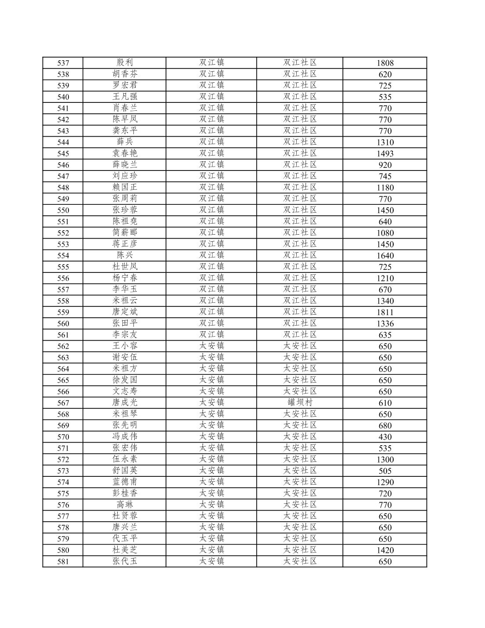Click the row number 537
click(63, 63)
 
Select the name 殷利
click(125, 62)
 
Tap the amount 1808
click(385, 63)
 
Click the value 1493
click(385, 153)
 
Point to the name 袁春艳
click(125, 153)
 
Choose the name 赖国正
click(125, 187)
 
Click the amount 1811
click(385, 312)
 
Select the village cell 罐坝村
click(300, 402)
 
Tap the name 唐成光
click(125, 402)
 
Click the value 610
click(385, 403)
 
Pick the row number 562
click(63, 346)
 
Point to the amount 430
click(385, 437)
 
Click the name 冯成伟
click(125, 436)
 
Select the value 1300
click(385, 459)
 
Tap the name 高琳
click(125, 505)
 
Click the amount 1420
click(385, 550)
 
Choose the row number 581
click(63, 561)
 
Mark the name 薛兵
click(125, 142)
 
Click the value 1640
click(385, 255)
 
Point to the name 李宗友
click(125, 334)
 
